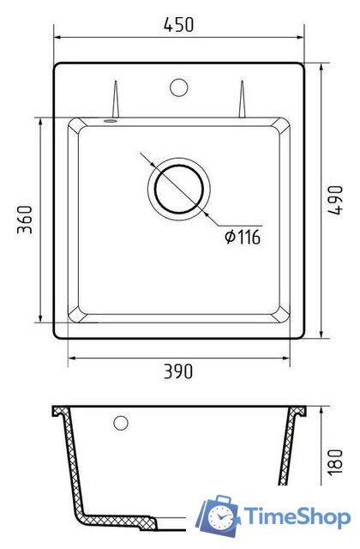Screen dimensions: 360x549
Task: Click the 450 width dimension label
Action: pos(178,25)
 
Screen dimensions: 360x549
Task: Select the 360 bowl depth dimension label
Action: pos(25,220)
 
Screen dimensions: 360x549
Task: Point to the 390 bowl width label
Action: pos(178,371)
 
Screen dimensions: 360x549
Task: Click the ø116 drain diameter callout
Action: pos(243,237)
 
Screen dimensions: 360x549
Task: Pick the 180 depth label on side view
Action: pos(335,462)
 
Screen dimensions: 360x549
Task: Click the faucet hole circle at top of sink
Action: pos(179,87)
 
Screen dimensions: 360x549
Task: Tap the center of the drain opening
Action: pos(179,189)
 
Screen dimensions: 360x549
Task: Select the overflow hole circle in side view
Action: pos(121,423)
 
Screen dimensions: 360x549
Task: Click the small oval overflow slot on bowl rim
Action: pos(111,121)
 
